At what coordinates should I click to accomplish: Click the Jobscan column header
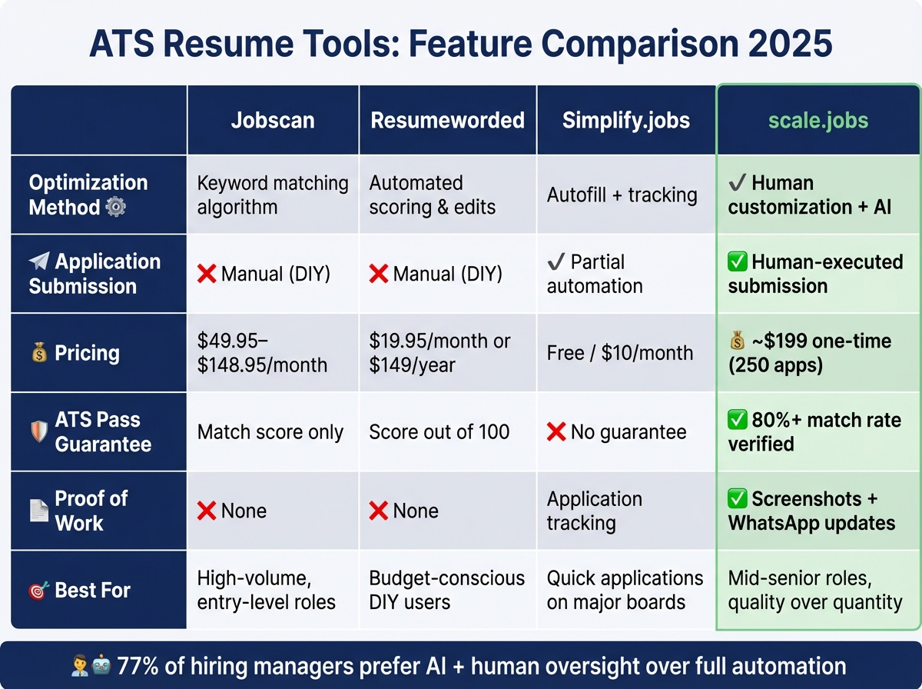coord(272,120)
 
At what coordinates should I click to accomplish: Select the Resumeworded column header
coord(447,120)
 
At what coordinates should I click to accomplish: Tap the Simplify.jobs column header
coord(626,120)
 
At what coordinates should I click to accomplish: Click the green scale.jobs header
coord(818,120)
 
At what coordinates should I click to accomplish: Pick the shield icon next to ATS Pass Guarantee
coord(38,431)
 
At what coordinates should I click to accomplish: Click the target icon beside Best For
coord(38,591)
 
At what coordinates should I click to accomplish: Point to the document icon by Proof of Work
coord(38,511)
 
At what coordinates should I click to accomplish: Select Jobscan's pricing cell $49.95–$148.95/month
coord(262,352)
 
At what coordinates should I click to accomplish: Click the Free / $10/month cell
coord(619,352)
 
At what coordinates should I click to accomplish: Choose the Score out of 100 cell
coord(439,431)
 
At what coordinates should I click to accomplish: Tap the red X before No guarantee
coord(556,432)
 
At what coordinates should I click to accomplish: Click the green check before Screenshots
coord(737,498)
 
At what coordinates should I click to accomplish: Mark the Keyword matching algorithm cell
coord(272,195)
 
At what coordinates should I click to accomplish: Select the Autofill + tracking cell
coord(622,195)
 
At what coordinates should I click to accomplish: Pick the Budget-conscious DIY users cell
coord(446,590)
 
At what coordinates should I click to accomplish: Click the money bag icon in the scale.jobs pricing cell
coord(737,340)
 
